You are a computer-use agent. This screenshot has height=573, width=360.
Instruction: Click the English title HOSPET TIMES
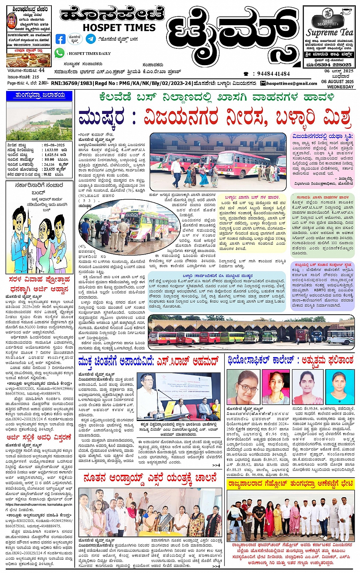[x=119, y=28]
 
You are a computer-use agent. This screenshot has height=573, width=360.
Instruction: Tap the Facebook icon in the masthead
[x=60, y=39]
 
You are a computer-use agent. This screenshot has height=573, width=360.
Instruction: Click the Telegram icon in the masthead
[x=91, y=39]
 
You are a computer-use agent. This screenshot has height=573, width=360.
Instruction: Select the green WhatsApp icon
[x=59, y=53]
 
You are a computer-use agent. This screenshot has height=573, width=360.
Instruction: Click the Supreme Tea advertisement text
[x=330, y=32]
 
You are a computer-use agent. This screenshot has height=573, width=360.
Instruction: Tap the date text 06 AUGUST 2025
[x=337, y=82]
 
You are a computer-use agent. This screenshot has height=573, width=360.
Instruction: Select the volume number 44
[x=42, y=70]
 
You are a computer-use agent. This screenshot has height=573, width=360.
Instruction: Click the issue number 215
[x=36, y=77]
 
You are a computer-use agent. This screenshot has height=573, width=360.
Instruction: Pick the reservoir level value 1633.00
[x=51, y=150]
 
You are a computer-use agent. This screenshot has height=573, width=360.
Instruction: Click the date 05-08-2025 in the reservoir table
[x=54, y=145]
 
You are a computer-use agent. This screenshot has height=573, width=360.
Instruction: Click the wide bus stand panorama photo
[x=251, y=330]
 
